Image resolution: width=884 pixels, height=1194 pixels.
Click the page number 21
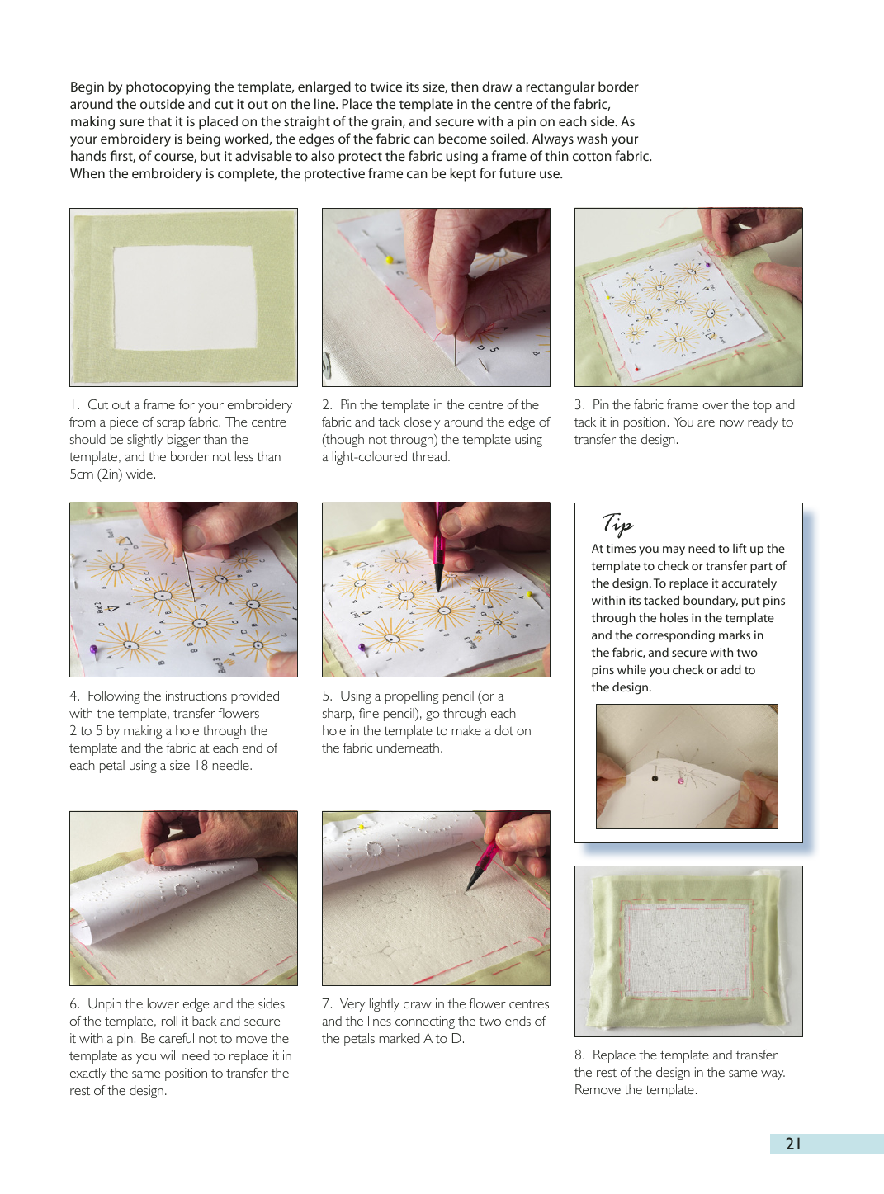click(793, 1144)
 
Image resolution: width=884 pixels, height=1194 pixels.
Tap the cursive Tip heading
click(617, 522)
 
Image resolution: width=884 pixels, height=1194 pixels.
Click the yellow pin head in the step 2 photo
click(389, 261)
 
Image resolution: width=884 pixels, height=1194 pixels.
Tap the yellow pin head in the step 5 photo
click(530, 595)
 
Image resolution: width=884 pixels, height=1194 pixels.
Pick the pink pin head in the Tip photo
click(680, 781)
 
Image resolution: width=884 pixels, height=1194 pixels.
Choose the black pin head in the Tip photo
click(655, 778)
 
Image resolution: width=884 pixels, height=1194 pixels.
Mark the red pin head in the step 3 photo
click(637, 370)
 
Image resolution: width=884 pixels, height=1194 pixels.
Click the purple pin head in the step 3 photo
click(707, 265)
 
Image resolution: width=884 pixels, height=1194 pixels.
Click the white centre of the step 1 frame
click(184, 297)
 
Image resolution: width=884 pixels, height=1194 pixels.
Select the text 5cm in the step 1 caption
click(82, 474)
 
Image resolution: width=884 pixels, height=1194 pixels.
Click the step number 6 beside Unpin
click(73, 1004)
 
